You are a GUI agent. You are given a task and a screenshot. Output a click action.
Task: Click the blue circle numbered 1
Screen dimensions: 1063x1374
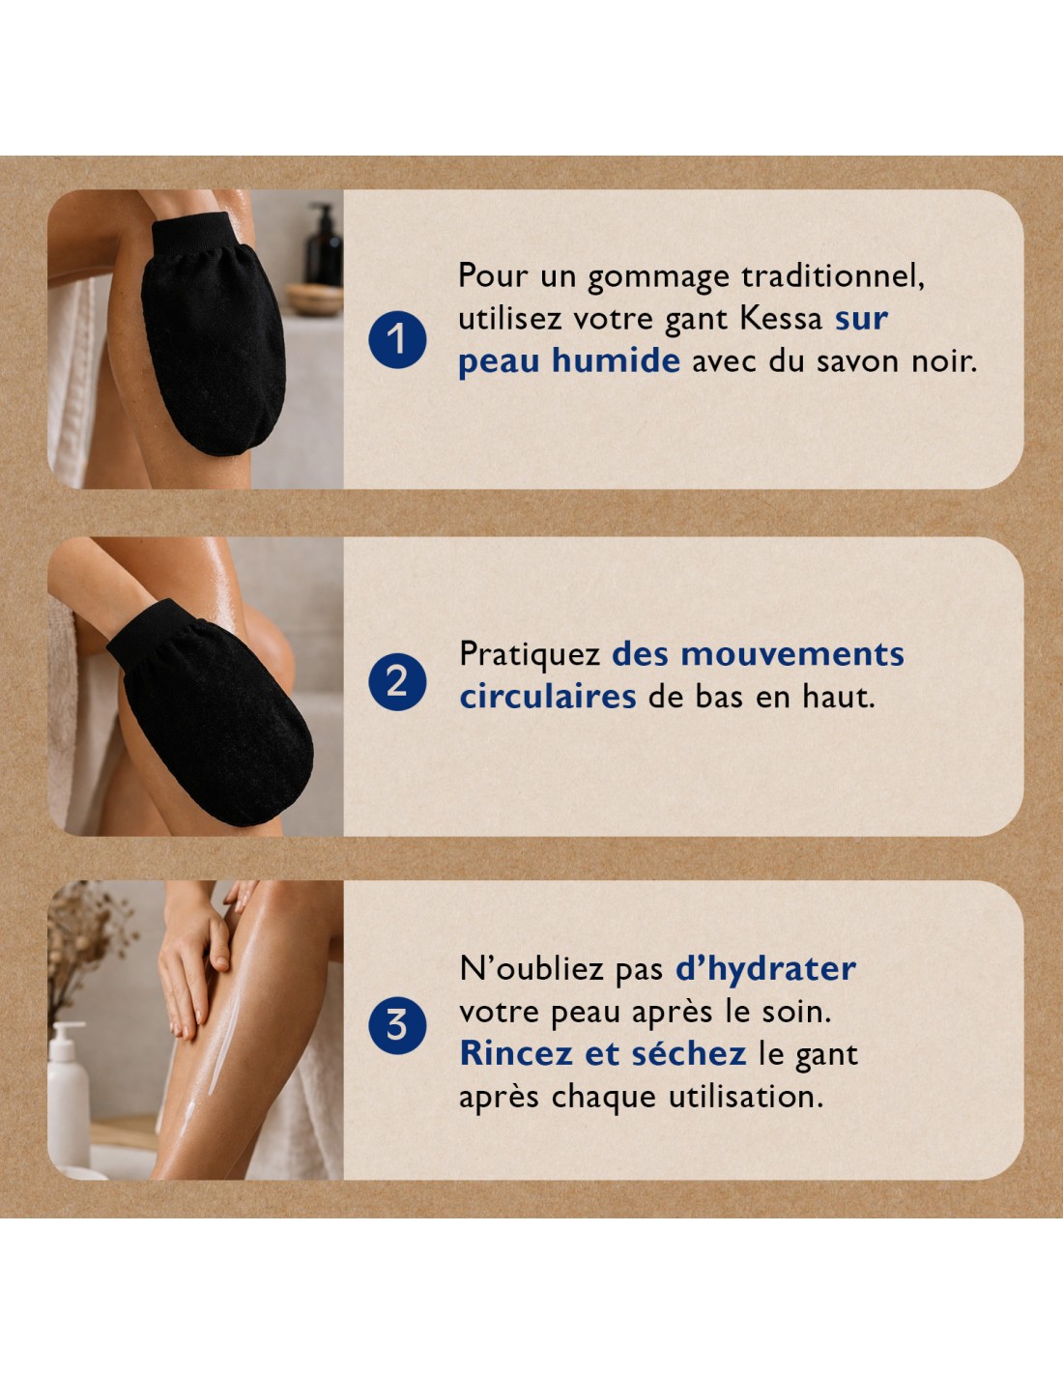(x=397, y=339)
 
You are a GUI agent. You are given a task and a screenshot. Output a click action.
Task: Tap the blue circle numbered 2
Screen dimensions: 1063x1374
(x=397, y=681)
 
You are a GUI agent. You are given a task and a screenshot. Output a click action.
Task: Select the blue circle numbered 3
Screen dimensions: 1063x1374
(x=397, y=1025)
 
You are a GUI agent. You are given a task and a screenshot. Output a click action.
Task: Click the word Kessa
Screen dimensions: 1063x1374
(x=781, y=319)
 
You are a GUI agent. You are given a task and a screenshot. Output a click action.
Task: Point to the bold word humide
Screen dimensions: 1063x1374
(x=616, y=360)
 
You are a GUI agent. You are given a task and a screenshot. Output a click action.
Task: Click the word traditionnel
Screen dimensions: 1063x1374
(x=833, y=277)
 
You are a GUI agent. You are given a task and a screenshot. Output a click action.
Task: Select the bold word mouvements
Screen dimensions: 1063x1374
(x=792, y=654)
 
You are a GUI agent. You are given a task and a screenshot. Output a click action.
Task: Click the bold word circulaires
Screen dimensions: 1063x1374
(x=548, y=697)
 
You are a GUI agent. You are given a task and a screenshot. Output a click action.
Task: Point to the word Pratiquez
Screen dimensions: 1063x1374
(x=530, y=654)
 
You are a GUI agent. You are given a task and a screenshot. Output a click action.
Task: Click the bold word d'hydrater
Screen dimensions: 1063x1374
(x=765, y=969)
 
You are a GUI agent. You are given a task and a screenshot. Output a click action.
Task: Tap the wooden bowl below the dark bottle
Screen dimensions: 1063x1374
(x=314, y=300)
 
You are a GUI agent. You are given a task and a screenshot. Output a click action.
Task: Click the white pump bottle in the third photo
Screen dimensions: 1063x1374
(x=68, y=1094)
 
